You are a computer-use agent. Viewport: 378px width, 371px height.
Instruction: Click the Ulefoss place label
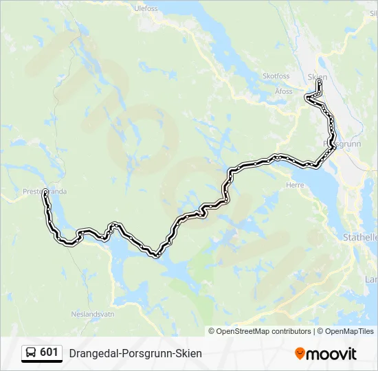146,9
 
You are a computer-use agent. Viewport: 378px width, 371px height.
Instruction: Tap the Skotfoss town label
276,76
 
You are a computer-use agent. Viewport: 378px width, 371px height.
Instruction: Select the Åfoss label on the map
284,91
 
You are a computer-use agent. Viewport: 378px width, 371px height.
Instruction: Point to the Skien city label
318,76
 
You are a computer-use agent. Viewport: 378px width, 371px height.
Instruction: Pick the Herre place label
294,184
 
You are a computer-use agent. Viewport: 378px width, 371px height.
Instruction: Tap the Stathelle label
360,236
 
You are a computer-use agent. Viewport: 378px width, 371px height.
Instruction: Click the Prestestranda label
45,192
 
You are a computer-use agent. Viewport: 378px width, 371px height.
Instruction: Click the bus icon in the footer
31,353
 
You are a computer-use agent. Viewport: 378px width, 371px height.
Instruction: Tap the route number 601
49,352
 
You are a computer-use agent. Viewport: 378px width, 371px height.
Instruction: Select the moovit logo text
332,354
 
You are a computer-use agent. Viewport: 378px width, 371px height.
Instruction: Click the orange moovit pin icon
300,354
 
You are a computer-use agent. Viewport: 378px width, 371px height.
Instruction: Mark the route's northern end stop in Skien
320,82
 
